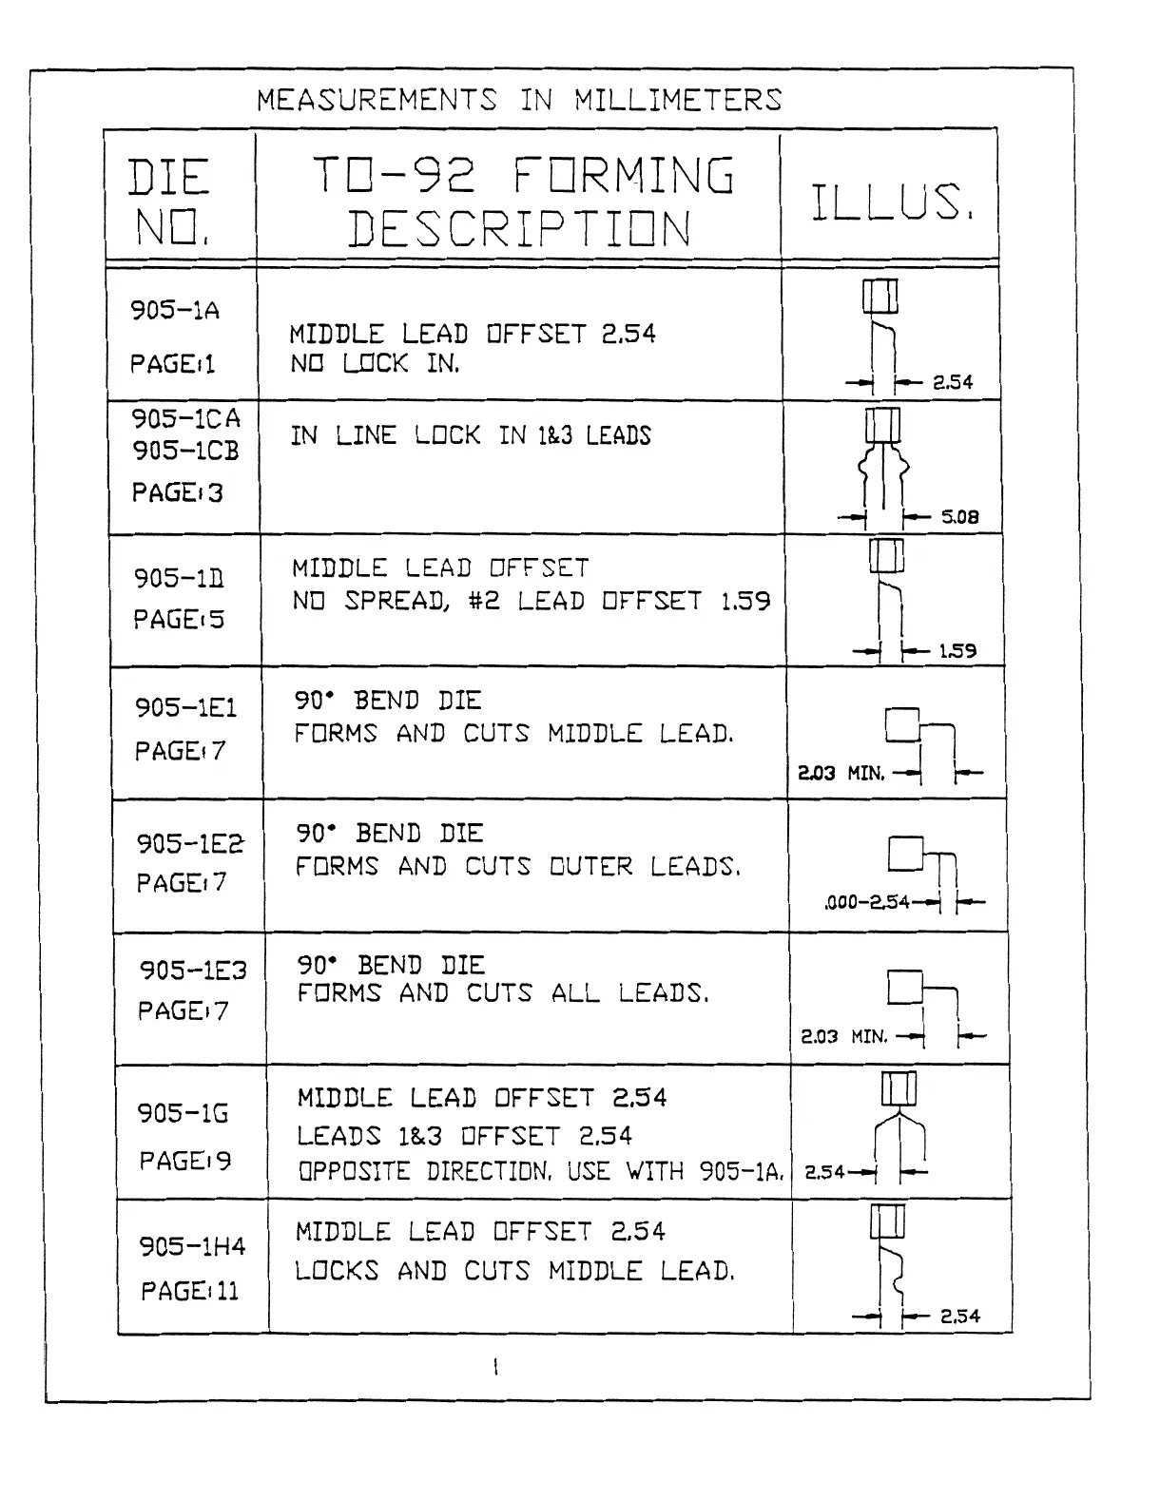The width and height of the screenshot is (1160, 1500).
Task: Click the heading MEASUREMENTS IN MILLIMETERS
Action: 519,100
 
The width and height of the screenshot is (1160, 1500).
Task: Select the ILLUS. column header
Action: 891,202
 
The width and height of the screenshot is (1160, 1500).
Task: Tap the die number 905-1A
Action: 175,311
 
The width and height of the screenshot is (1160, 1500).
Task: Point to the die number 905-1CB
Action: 185,451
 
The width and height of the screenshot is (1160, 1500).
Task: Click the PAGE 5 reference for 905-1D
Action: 179,620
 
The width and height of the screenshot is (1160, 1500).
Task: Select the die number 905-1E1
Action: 185,708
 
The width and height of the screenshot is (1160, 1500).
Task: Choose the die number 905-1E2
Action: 190,843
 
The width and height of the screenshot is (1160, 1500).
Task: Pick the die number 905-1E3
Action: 193,971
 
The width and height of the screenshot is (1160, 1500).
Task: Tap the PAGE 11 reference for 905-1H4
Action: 189,1292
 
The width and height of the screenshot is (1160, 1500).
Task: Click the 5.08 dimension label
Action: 959,518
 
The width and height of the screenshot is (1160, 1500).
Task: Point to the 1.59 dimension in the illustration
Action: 957,652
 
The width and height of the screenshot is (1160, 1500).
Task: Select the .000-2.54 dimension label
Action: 867,902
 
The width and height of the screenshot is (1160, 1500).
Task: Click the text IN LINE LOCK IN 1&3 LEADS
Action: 471,436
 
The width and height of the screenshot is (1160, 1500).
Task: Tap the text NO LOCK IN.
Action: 375,364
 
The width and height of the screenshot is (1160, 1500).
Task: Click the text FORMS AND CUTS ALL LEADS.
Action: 503,994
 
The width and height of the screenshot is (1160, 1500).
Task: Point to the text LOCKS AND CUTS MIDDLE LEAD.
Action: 514,1272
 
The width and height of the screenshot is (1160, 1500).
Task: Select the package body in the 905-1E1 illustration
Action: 902,725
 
